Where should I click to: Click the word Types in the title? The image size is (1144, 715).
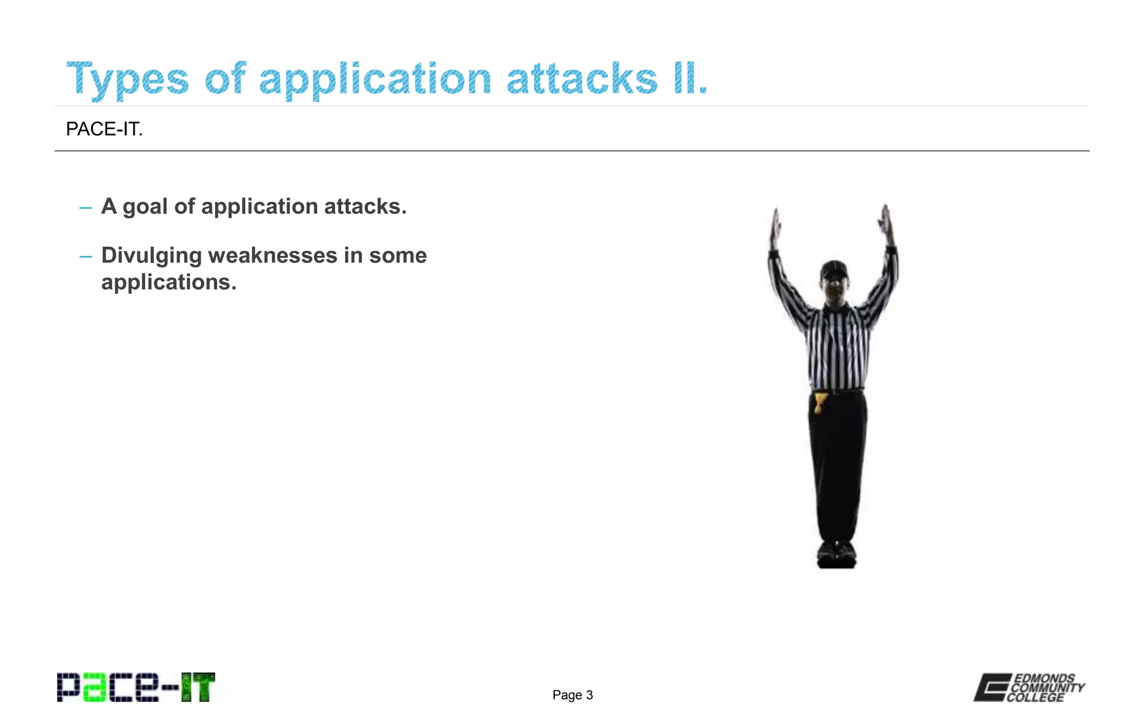click(x=127, y=79)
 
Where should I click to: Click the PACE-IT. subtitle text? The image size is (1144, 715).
click(x=104, y=129)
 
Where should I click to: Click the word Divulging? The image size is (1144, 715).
click(x=151, y=255)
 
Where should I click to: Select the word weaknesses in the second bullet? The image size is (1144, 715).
click(x=273, y=255)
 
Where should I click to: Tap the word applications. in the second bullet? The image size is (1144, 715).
click(x=169, y=282)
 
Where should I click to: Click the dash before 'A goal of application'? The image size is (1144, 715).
click(x=85, y=208)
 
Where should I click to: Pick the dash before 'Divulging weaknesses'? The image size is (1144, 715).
click(x=85, y=257)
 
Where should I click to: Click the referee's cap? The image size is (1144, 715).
click(x=834, y=270)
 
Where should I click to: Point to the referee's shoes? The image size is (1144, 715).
click(x=836, y=554)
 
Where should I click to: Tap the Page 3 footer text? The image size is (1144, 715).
click(x=573, y=695)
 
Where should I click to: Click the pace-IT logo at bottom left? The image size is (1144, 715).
click(x=136, y=687)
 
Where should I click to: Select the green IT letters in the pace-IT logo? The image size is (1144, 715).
click(x=198, y=687)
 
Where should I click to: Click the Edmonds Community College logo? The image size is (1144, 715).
click(x=1029, y=687)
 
